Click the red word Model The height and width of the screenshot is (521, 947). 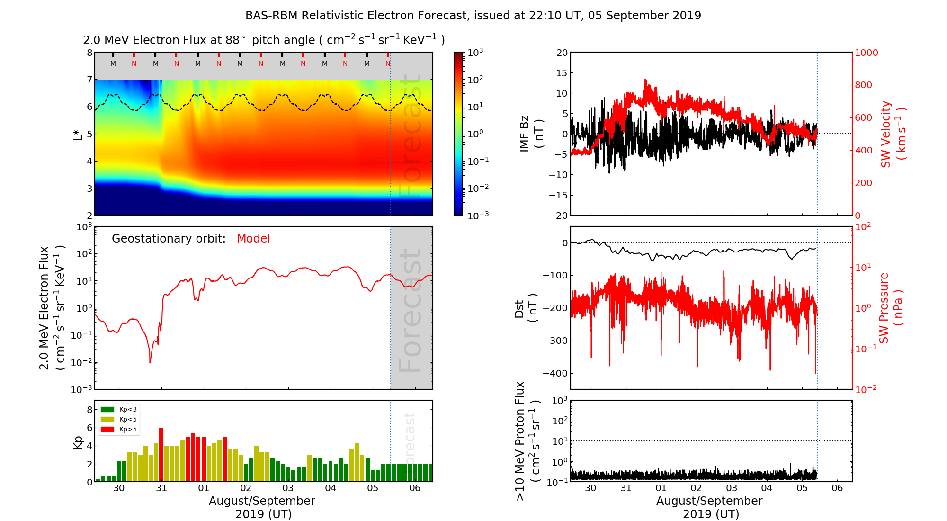click(x=253, y=239)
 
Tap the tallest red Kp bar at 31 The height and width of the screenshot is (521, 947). click(x=161, y=454)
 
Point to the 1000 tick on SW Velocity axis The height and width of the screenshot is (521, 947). click(x=866, y=53)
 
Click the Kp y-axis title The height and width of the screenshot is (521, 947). click(x=78, y=442)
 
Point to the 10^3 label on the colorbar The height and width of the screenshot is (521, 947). click(x=475, y=52)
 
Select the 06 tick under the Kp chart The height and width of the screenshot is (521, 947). click(x=415, y=488)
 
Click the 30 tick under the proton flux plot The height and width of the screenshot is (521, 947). click(x=590, y=488)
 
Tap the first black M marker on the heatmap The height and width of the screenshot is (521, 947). click(x=113, y=63)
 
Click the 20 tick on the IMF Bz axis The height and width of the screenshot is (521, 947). click(x=562, y=53)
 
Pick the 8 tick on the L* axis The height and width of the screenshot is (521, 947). click(x=89, y=53)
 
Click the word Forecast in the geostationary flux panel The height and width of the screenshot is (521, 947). click(x=410, y=310)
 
